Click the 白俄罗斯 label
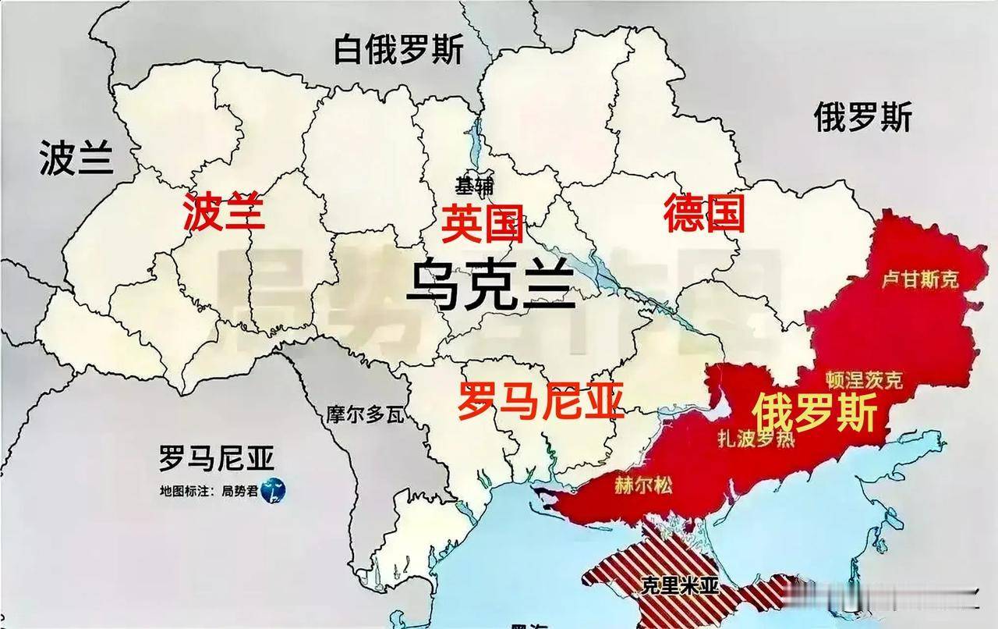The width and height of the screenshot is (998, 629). [398, 51]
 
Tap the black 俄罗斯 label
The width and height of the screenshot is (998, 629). [862, 119]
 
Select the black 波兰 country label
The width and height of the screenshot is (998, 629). [76, 158]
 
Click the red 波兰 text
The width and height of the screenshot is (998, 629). [224, 212]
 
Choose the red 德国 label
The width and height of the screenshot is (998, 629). [703, 213]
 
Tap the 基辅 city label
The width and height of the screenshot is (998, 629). [475, 186]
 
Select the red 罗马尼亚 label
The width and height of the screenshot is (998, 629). [540, 401]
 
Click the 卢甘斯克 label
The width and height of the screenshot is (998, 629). [919, 279]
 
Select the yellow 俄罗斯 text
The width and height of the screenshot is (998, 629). [815, 412]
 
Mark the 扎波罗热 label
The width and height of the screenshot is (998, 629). [756, 439]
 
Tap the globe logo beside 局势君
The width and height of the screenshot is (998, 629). [274, 490]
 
